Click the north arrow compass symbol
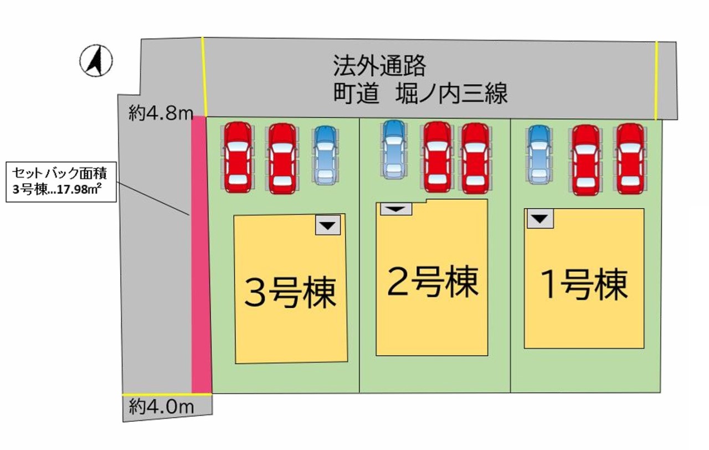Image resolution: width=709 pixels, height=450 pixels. tap(96, 60)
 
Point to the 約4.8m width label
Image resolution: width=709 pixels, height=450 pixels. tap(160, 113)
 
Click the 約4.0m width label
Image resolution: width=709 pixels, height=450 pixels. tap(161, 407)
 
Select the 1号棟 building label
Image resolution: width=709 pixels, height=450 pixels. tap(584, 286)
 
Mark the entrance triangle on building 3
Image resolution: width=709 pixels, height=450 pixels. tap(328, 225)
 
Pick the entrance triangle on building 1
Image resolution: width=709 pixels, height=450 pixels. tap(541, 218)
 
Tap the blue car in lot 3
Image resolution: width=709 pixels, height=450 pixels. tap(325, 154)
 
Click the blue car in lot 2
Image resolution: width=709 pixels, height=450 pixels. tap(393, 149)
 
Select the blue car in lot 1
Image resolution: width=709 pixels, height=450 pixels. tap(538, 154)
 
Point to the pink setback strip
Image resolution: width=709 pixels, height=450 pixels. tap(201, 255)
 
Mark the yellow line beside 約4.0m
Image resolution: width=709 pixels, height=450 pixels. tap(166, 395)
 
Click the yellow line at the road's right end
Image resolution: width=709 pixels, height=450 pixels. tap(656, 80)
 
